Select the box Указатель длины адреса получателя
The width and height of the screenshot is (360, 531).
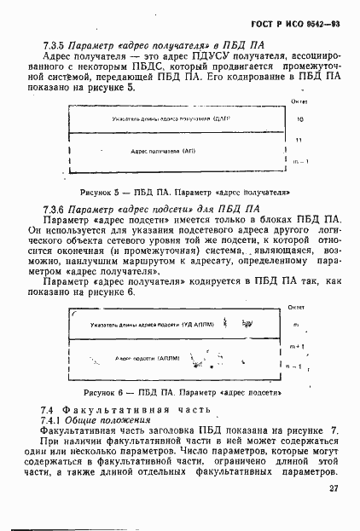pos(171,119)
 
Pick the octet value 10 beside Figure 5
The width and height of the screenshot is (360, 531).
pos(299,120)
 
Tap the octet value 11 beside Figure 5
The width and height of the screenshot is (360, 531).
pos(299,139)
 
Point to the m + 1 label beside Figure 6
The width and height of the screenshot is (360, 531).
pos(299,346)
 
